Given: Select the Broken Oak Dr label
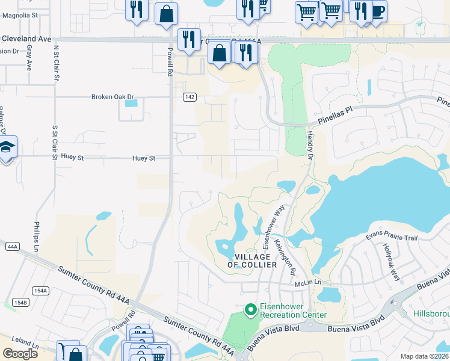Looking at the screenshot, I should (x=112, y=97).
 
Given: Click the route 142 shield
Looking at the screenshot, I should (x=190, y=97).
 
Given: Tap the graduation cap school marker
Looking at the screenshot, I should (x=7, y=147).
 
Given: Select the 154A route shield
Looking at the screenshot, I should (x=40, y=291).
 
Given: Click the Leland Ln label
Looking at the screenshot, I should (x=19, y=347).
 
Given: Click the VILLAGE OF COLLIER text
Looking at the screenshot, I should (x=253, y=261).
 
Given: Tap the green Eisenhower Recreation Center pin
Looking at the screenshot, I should (x=251, y=309).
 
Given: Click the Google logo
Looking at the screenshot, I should (x=20, y=353).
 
